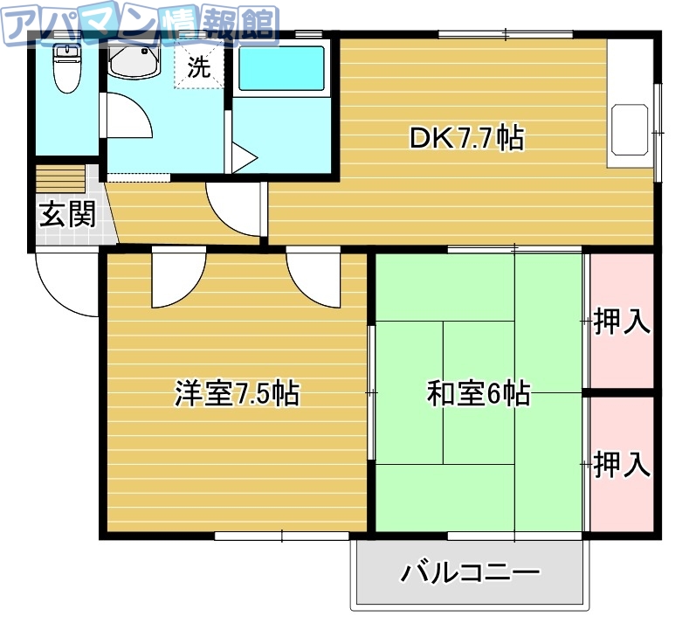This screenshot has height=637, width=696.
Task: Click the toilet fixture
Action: pyautogui.click(x=65, y=69)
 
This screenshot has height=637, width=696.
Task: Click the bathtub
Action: pyautogui.click(x=281, y=67)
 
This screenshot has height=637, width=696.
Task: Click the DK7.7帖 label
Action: pyautogui.click(x=466, y=138)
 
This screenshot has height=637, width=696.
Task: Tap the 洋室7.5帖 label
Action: pyautogui.click(x=237, y=394)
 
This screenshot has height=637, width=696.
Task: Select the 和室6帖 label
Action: pyautogui.click(x=478, y=394)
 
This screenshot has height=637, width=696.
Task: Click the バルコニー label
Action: pyautogui.click(x=471, y=573)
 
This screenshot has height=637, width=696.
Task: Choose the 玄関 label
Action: pyautogui.click(x=66, y=215)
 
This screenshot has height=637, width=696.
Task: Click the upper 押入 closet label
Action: pyautogui.click(x=622, y=322)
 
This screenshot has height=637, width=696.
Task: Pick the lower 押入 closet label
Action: pyautogui.click(x=622, y=464)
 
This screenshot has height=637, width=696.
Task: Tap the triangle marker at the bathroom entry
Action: pyautogui.click(x=243, y=160)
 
